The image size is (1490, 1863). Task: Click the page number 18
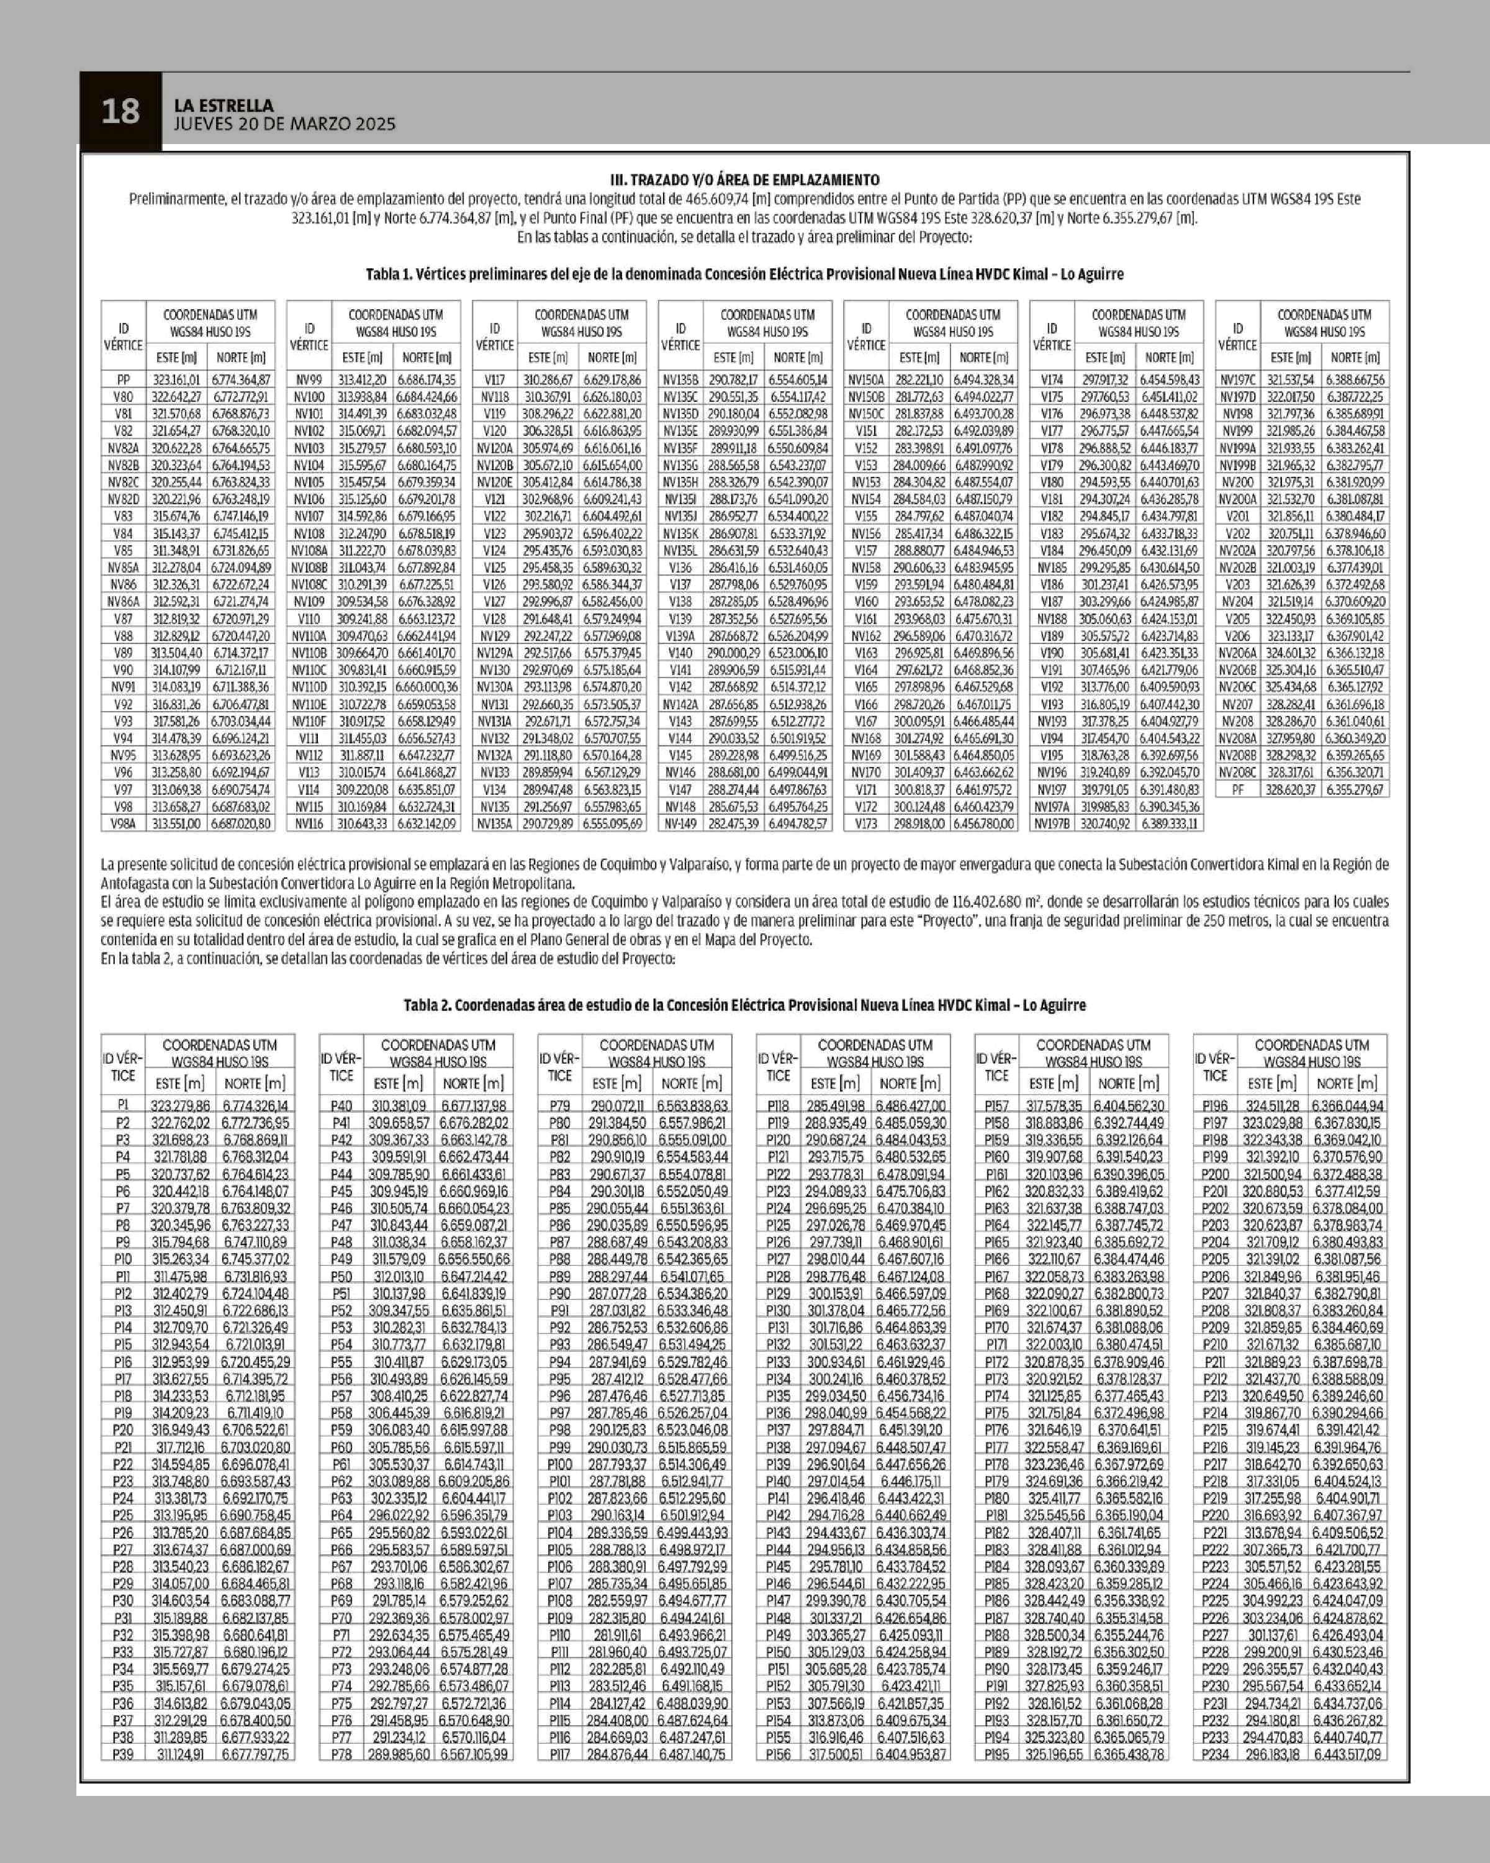point(120,111)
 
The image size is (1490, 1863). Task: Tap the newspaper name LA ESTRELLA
point(223,106)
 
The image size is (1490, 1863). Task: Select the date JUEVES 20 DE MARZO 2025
point(284,124)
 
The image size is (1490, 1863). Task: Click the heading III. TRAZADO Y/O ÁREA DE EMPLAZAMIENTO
point(744,179)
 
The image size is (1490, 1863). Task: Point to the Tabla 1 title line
point(744,274)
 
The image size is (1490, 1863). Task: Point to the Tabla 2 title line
point(744,1005)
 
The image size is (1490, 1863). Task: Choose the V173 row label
point(865,823)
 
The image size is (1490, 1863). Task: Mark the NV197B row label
point(1052,823)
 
